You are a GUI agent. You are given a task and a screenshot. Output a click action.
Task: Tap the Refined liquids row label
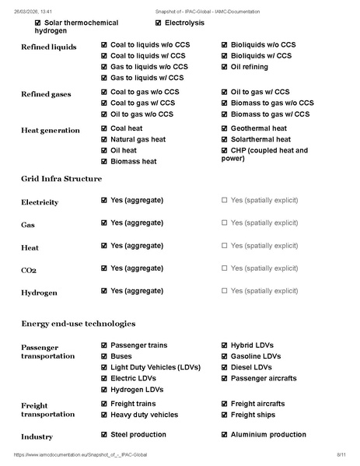[x=48, y=47]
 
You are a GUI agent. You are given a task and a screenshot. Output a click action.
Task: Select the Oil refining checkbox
[x=225, y=67]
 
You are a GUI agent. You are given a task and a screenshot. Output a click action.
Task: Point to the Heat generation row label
[x=51, y=130]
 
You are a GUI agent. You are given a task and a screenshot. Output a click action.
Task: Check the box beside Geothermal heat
[x=225, y=128]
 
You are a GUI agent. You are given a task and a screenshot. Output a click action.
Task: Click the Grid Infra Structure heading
[x=61, y=179]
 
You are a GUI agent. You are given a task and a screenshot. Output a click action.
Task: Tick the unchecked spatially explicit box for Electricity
[x=225, y=201]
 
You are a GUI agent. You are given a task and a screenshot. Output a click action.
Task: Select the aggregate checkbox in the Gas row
[x=105, y=223]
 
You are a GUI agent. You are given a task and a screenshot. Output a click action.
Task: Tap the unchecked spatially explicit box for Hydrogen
[x=225, y=291]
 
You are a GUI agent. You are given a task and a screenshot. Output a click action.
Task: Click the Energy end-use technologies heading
[x=78, y=323]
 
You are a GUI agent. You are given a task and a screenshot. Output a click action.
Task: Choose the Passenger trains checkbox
[x=105, y=345]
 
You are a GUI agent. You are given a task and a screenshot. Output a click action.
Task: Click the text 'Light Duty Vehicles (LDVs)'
[x=156, y=367]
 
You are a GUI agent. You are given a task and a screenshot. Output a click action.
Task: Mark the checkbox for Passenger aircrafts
[x=225, y=378]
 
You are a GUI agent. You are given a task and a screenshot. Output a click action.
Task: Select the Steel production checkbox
[x=105, y=436]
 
